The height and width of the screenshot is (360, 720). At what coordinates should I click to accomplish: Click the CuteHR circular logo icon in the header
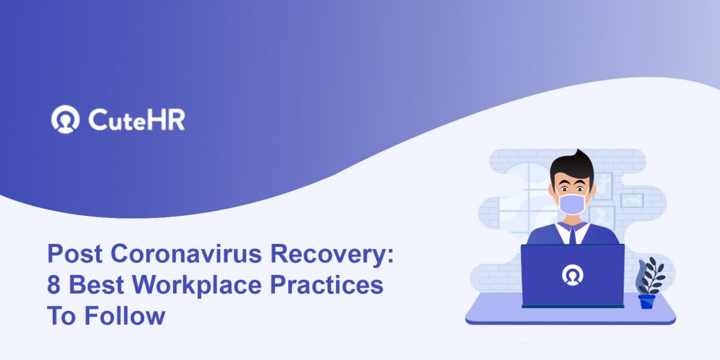(x=65, y=120)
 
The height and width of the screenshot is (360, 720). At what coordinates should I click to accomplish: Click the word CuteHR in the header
(x=136, y=120)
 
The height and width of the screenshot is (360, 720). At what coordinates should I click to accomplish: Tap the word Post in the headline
(x=75, y=254)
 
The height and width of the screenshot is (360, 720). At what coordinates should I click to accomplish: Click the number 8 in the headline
(x=53, y=285)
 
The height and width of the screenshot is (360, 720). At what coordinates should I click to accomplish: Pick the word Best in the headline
(x=96, y=285)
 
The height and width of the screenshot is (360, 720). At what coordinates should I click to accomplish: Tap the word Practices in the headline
(x=326, y=285)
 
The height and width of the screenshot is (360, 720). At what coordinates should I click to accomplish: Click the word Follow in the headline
(x=124, y=316)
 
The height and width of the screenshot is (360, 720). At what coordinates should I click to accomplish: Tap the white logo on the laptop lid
(x=572, y=275)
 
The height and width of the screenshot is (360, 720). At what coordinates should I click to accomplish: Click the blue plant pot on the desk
(x=647, y=301)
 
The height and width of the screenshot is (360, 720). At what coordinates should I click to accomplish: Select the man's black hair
(x=572, y=166)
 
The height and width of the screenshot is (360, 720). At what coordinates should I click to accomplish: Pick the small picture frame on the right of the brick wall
(x=632, y=200)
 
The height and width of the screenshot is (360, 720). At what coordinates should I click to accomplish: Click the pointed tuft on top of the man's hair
(x=579, y=153)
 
